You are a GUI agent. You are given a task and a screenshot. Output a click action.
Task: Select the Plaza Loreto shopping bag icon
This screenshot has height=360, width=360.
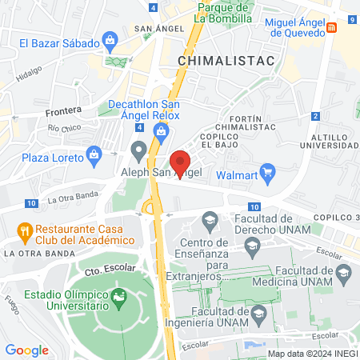click(94, 153)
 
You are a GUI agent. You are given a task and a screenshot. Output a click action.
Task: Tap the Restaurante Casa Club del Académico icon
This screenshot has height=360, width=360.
click(25, 232)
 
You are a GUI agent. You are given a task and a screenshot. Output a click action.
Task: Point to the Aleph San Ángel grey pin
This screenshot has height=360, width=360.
click(139, 150)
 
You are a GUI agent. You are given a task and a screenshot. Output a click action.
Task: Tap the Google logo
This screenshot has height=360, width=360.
click(27, 350)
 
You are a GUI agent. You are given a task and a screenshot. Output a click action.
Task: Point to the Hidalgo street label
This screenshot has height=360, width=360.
click(29, 71)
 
